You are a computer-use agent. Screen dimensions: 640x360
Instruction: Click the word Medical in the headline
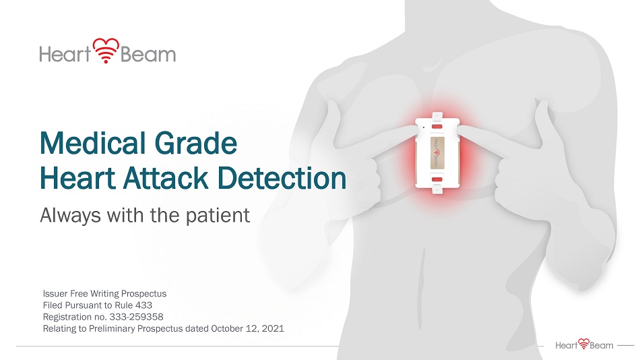[x=92, y=143]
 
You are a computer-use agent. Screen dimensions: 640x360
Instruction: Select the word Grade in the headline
[x=196, y=143]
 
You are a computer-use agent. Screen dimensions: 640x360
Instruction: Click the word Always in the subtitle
[x=70, y=216]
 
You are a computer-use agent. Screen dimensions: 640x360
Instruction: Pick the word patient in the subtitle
[x=218, y=216]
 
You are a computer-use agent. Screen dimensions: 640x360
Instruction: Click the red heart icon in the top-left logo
[x=106, y=51]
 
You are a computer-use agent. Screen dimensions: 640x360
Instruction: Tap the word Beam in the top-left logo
[x=148, y=55]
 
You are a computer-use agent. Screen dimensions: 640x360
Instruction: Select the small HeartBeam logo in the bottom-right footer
[x=584, y=344]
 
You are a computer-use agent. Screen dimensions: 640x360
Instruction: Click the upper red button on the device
[x=437, y=127]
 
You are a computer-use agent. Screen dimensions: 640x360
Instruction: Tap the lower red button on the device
[x=437, y=179]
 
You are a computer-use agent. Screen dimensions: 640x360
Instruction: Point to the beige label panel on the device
[x=437, y=153]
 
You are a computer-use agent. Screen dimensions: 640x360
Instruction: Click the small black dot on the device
[x=423, y=127]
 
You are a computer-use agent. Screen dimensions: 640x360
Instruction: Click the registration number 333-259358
[x=136, y=317]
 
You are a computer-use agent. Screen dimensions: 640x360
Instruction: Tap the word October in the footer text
[x=227, y=328]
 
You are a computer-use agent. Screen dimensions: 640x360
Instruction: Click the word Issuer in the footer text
[x=55, y=294]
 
